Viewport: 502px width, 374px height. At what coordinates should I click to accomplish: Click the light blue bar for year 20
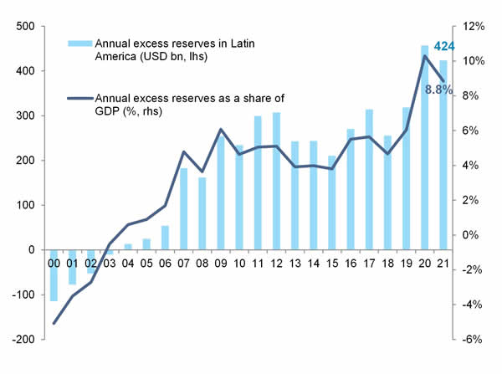[x=424, y=147]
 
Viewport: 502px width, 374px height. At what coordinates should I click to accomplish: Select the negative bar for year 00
[x=54, y=275]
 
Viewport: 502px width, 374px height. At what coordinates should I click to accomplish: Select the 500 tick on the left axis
[x=23, y=26]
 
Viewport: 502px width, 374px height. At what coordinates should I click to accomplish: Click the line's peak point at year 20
[x=424, y=56]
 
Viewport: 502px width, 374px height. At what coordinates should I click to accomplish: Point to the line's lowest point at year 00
[x=54, y=323]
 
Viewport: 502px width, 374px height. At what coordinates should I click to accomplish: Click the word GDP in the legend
[x=109, y=110]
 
